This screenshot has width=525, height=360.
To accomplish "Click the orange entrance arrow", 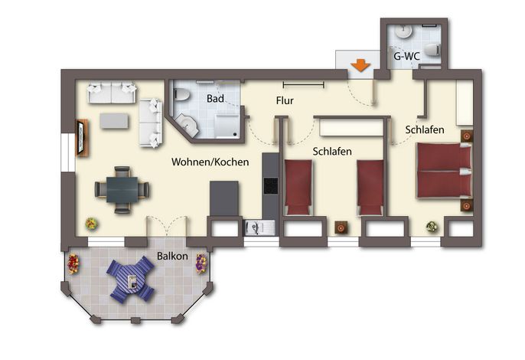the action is pyautogui.click(x=360, y=65).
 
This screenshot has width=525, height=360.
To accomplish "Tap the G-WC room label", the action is pyautogui.click(x=406, y=56).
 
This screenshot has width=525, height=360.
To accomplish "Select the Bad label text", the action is pyautogui.click(x=215, y=99).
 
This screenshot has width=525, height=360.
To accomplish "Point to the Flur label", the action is pyautogui.click(x=285, y=100).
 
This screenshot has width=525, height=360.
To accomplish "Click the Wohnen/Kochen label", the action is pyautogui.click(x=210, y=162).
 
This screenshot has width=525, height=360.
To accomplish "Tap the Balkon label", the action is pyautogui.click(x=172, y=256).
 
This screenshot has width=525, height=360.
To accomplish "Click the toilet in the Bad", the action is pyautogui.click(x=181, y=95).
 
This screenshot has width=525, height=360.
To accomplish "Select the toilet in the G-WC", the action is pyautogui.click(x=432, y=51).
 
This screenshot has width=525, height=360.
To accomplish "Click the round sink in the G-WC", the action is pyautogui.click(x=403, y=31).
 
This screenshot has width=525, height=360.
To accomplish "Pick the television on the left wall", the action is pyautogui.click(x=80, y=137).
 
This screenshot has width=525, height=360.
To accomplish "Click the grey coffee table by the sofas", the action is pyautogui.click(x=114, y=121).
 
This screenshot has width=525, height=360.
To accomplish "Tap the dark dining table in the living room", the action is pyautogui.click(x=122, y=190).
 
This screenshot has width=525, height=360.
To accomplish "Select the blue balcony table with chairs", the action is pyautogui.click(x=131, y=280).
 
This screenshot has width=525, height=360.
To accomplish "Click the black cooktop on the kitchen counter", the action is pyautogui.click(x=271, y=186).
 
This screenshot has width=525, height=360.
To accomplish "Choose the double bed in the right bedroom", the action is pyautogui.click(x=444, y=170).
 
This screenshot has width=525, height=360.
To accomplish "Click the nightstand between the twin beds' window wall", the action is pyautogui.click(x=341, y=228).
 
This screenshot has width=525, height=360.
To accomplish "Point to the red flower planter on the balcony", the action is pyautogui.click(x=73, y=264).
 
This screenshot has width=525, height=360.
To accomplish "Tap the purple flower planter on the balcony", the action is pyautogui.click(x=201, y=263).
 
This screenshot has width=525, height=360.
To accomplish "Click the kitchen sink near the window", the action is pyautogui.click(x=255, y=228).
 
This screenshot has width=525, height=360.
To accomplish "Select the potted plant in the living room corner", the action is pyautogui.click(x=91, y=224).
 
